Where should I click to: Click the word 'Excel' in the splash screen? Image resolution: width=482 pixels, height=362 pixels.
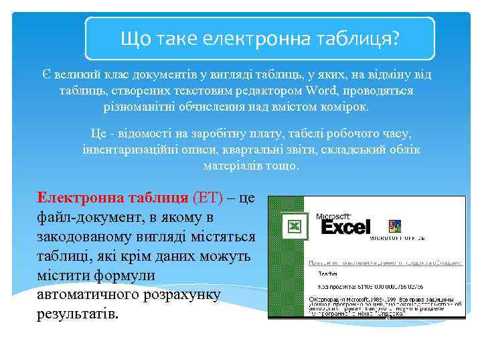click(345, 227)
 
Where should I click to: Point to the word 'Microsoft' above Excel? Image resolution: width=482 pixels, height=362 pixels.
click(333, 216)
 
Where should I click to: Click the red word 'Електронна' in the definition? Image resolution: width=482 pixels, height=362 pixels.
click(78, 198)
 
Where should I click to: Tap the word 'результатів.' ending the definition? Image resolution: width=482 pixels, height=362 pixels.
click(77, 314)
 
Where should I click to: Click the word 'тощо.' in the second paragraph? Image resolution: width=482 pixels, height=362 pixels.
click(282, 165)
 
